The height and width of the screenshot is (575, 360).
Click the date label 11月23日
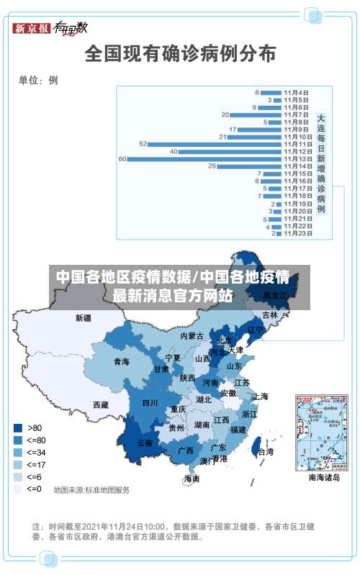tap(297, 233)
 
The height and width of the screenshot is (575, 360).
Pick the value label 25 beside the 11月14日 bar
tap(212, 166)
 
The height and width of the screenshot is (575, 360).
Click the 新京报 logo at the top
tap(32, 28)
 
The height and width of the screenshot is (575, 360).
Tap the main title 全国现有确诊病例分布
tap(180, 53)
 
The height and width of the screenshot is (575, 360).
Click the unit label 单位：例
tap(38, 81)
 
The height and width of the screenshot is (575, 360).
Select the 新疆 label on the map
tap(84, 317)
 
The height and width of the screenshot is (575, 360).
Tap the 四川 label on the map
tap(150, 403)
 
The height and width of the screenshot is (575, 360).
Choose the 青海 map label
tap(121, 362)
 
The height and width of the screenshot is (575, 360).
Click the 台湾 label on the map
tap(265, 453)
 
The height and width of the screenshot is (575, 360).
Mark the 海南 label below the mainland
tap(191, 479)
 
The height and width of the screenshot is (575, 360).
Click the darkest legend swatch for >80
tap(17, 427)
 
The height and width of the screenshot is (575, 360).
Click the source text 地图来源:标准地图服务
tap(91, 490)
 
